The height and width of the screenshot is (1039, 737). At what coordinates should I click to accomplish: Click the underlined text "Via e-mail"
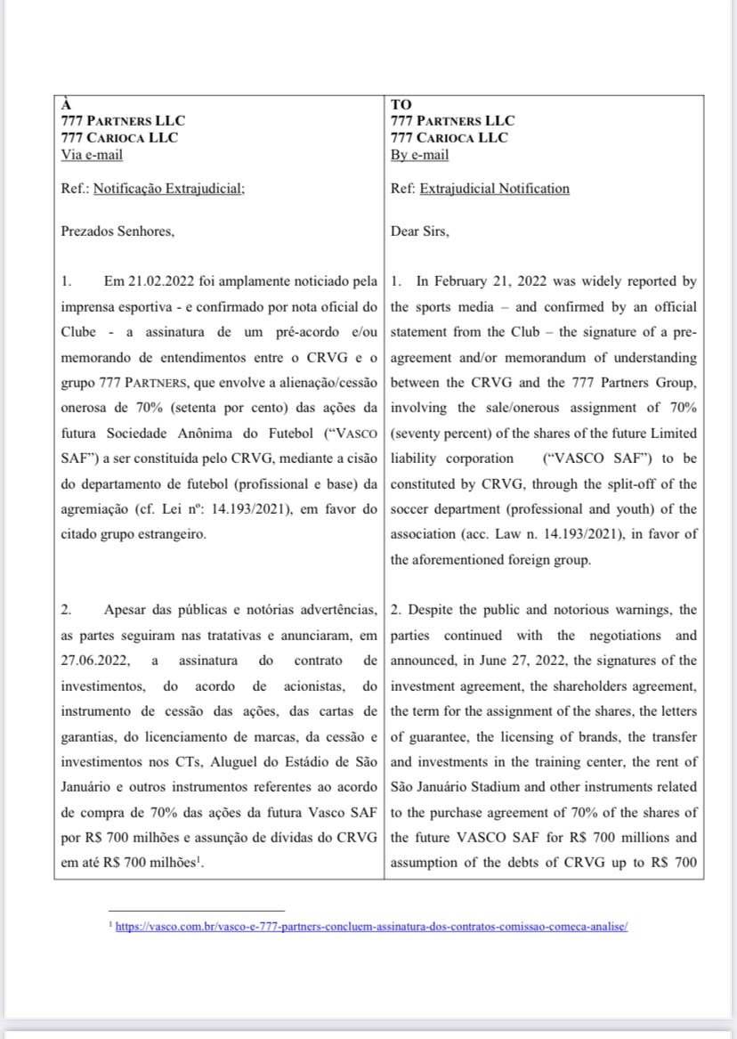click(x=92, y=154)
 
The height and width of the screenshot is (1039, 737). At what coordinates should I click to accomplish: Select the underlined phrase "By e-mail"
click(x=420, y=154)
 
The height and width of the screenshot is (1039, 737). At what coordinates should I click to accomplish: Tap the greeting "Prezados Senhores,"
click(x=118, y=232)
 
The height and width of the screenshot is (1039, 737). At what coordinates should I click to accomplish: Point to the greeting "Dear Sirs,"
click(x=420, y=232)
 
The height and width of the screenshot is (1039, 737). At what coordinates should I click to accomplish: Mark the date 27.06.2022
click(x=93, y=661)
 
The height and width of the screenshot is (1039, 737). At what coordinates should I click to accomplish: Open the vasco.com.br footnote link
click(x=372, y=926)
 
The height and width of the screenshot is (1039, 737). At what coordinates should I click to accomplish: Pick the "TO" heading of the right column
click(x=401, y=103)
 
